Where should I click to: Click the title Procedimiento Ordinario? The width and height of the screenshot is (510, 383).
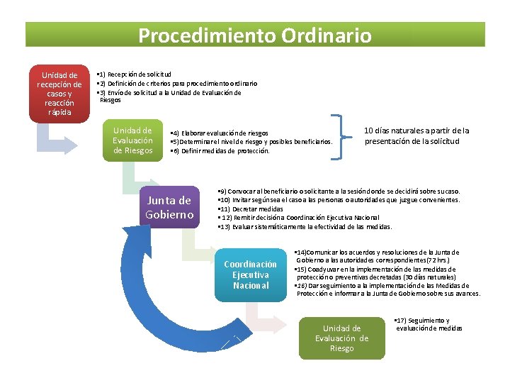(255, 35)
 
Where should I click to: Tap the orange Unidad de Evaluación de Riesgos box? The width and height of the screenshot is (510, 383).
(132, 140)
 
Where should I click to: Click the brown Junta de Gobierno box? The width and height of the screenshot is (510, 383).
(169, 207)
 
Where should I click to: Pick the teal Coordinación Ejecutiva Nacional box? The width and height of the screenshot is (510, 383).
(250, 274)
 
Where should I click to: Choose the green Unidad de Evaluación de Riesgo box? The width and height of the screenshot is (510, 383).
(341, 338)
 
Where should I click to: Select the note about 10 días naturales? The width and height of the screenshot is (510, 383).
(416, 135)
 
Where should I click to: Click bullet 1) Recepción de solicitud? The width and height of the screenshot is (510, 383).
(135, 74)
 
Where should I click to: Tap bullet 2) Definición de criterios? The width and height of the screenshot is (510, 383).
(177, 83)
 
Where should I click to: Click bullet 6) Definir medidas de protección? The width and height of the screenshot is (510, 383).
(220, 150)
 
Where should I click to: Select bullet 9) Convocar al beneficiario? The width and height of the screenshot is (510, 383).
(340, 191)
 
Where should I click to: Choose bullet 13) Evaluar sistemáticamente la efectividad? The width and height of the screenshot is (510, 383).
(305, 226)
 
